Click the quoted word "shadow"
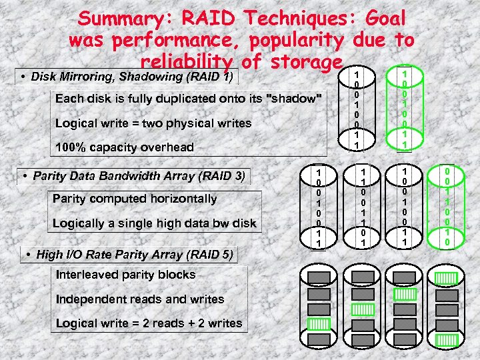(294, 99)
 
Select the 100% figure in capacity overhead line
(71, 147)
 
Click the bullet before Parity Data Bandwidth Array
(24, 176)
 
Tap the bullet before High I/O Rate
(28, 254)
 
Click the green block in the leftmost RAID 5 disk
(319, 324)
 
